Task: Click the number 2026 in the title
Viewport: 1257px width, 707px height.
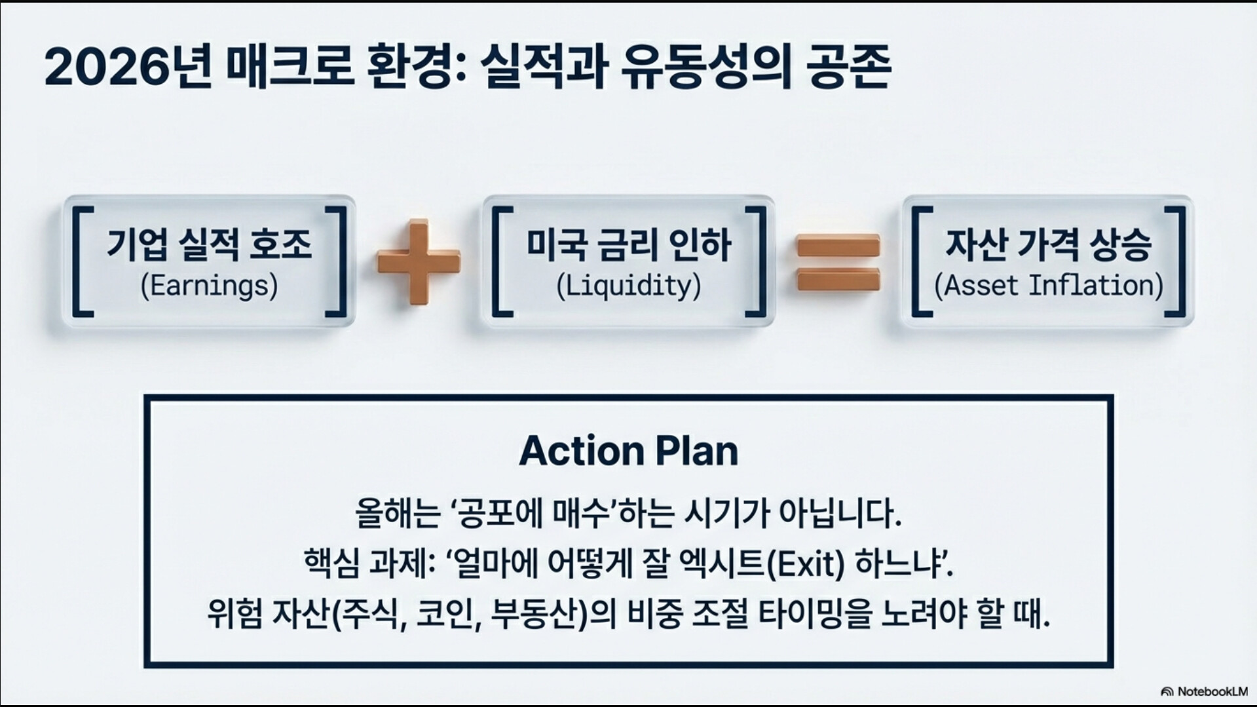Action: (x=105, y=68)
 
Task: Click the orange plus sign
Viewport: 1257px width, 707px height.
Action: (x=419, y=262)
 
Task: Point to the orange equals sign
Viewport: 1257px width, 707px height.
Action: (x=838, y=263)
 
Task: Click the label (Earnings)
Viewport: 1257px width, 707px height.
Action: (x=209, y=286)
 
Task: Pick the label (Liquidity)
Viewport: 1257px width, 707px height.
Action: (x=628, y=286)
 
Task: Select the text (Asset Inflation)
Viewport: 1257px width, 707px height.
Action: (x=1048, y=286)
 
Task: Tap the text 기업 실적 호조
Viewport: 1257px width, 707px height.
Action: (x=209, y=245)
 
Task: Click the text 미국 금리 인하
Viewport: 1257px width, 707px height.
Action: (x=628, y=245)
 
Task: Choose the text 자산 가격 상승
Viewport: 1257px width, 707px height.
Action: (x=1048, y=245)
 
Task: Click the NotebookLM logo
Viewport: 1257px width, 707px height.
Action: (x=1204, y=691)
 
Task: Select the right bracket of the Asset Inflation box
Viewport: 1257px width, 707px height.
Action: (x=1176, y=262)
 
